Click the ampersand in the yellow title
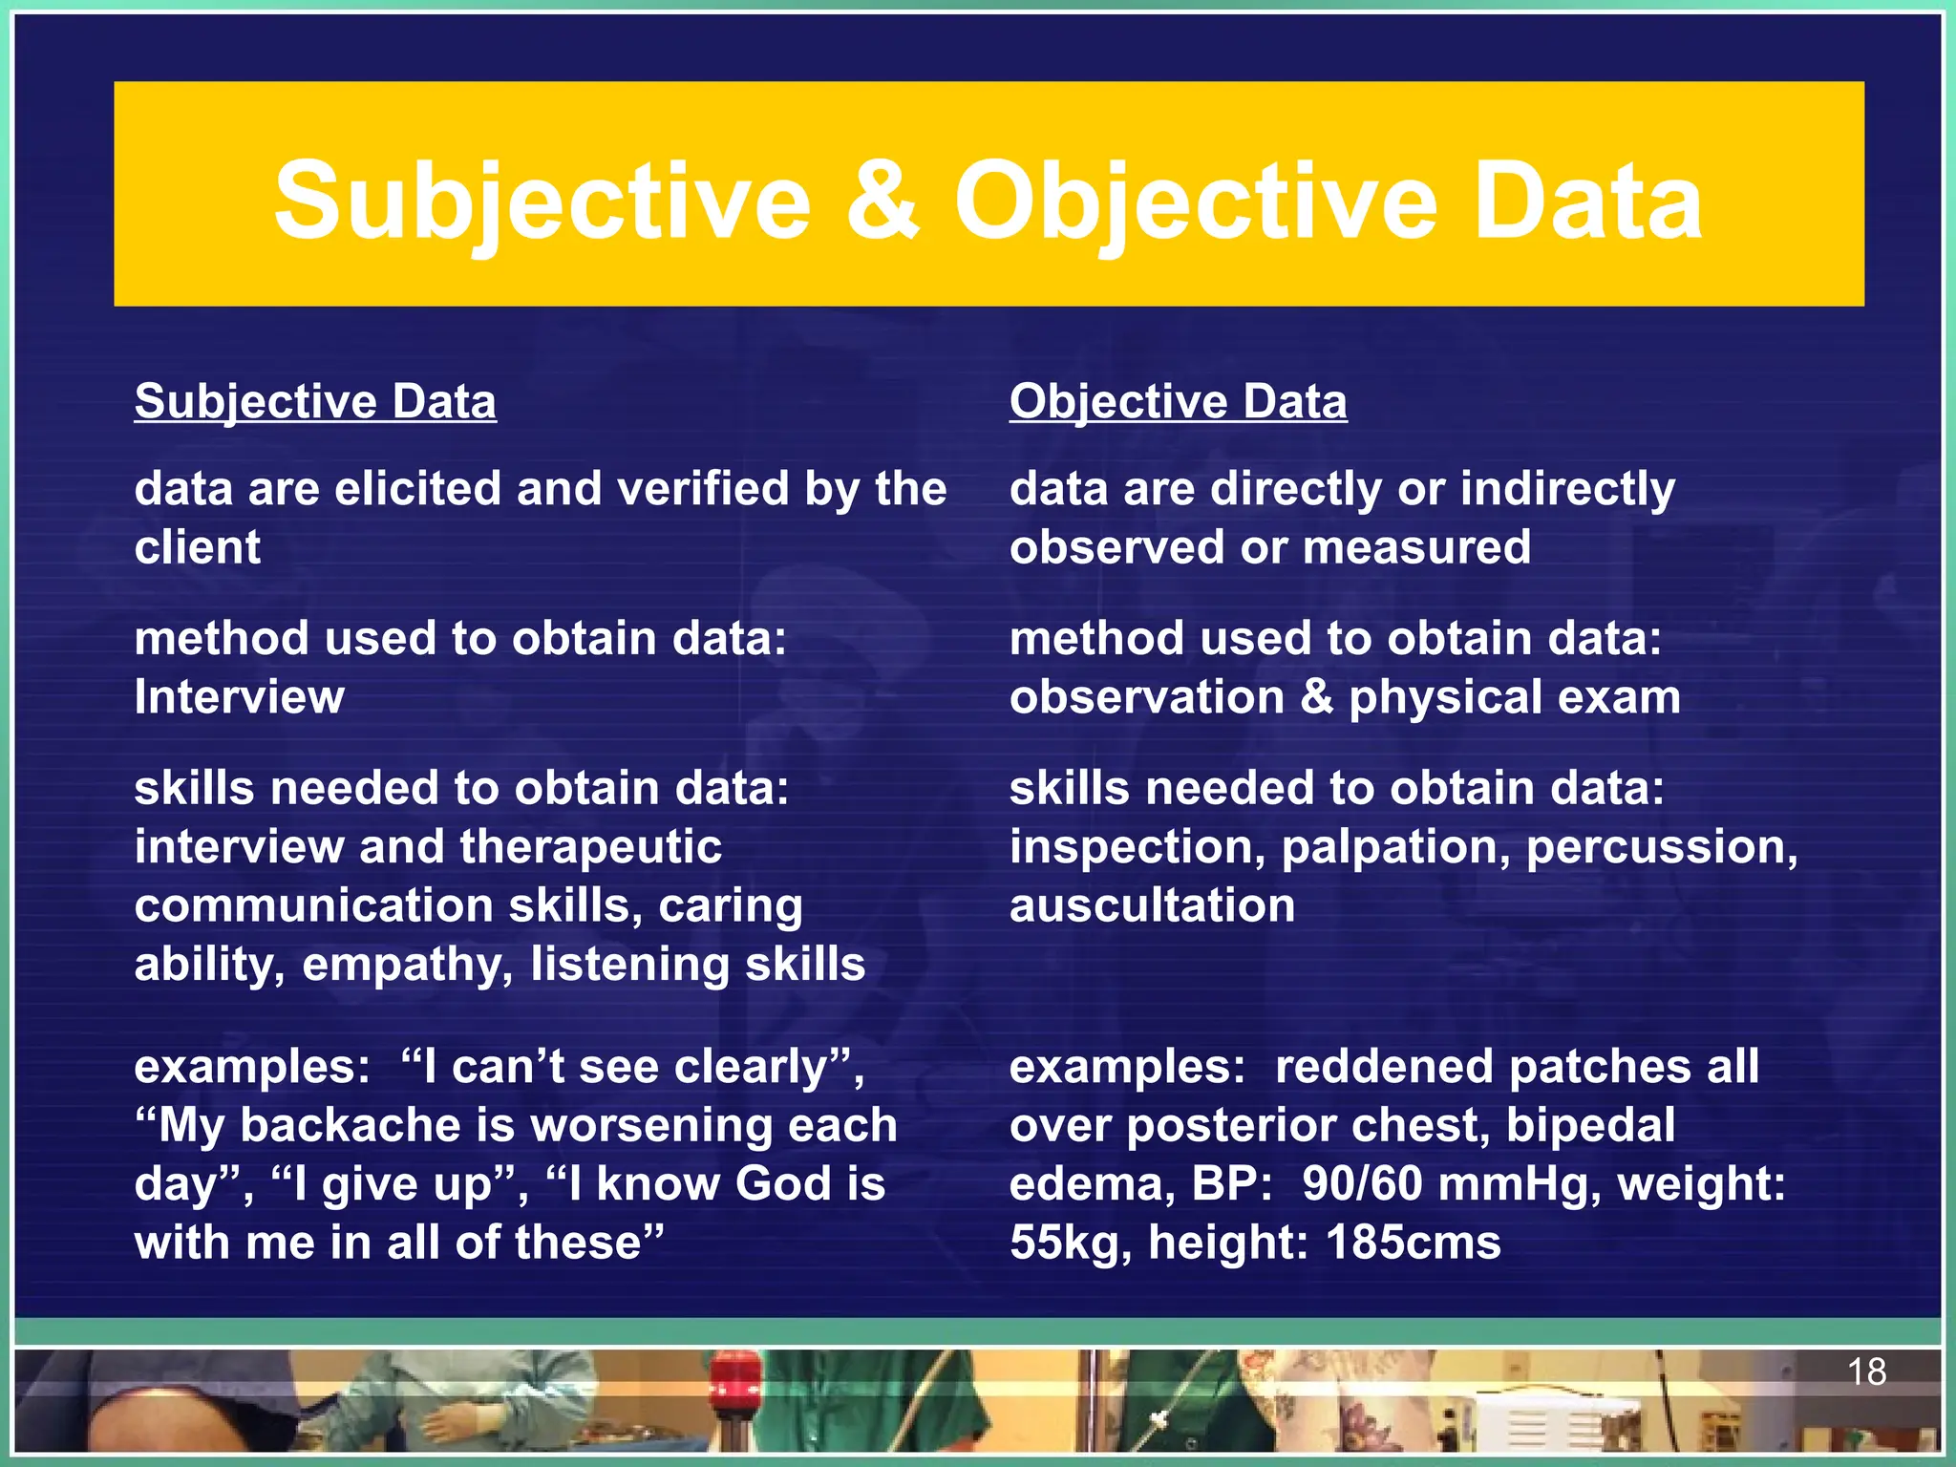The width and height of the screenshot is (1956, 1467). [x=882, y=201]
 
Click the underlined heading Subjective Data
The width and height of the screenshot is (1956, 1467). [x=315, y=401]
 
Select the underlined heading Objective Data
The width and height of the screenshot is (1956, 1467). [x=1178, y=401]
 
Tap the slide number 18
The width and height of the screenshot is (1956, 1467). [x=1865, y=1372]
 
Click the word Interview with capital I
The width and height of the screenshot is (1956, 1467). [x=239, y=697]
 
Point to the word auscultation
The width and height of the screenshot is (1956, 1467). [x=1152, y=905]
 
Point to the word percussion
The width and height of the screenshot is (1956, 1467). [x=1662, y=847]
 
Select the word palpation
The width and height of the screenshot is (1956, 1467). [x=1395, y=847]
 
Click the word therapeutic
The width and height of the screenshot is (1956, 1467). [x=590, y=847]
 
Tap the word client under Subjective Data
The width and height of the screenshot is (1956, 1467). [x=197, y=547]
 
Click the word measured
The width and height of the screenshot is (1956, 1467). [x=1416, y=547]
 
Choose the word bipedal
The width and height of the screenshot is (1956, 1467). [x=1590, y=1126]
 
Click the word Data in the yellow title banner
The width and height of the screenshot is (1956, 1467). [x=1587, y=201]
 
